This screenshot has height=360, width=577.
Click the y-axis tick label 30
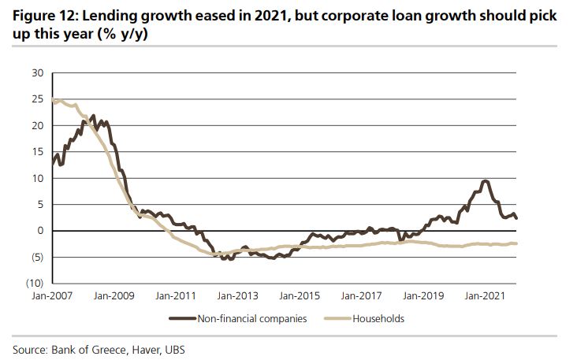pyautogui.click(x=37, y=73)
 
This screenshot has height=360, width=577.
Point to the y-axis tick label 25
pyautogui.click(x=37, y=99)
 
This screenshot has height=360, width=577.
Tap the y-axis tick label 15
pyautogui.click(x=37, y=152)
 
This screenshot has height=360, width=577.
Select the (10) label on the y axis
pyautogui.click(x=35, y=283)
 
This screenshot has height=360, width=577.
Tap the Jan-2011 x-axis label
pyautogui.click(x=177, y=296)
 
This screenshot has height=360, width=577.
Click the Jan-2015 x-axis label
pyautogui.click(x=300, y=296)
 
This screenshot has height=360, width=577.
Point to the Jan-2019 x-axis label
pyautogui.click(x=422, y=296)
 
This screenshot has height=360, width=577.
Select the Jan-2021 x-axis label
pyautogui.click(x=483, y=296)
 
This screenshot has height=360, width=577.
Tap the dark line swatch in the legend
pyautogui.click(x=182, y=319)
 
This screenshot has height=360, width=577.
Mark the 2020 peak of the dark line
pyautogui.click(x=486, y=181)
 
